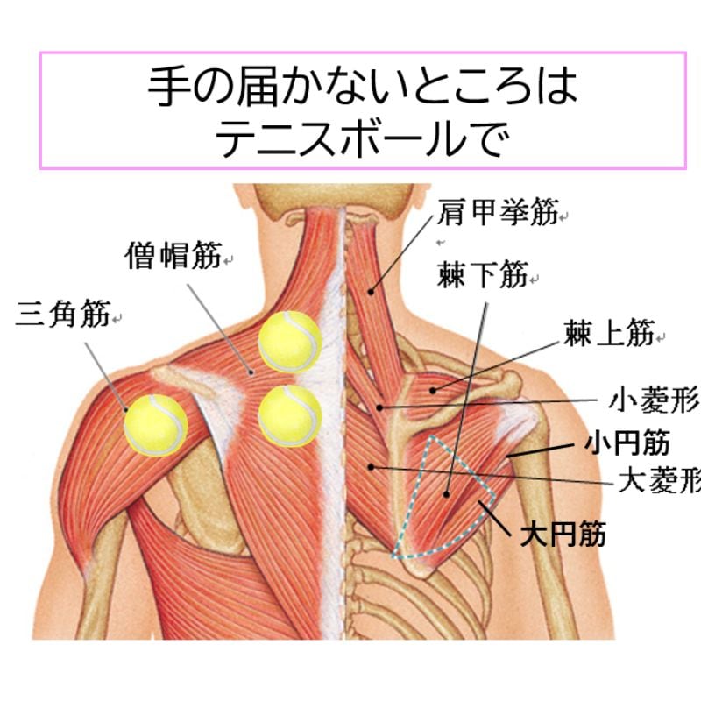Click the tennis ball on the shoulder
[x=155, y=423]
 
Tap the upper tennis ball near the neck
[x=289, y=340]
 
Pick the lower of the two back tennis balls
[x=289, y=415]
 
